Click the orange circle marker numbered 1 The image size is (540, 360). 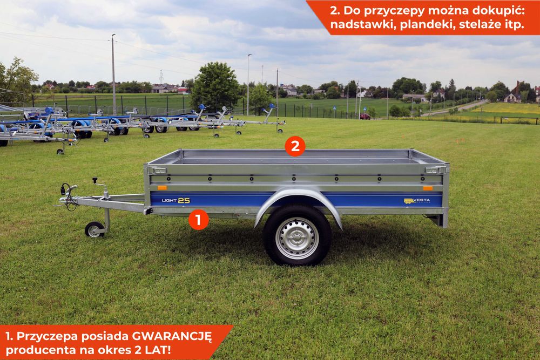[x=199, y=220]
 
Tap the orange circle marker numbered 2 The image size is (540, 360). [x=295, y=146]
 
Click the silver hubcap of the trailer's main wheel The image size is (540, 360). [x=296, y=238]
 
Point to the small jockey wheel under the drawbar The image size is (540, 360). [x=94, y=230]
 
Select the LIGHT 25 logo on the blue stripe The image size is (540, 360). [x=176, y=200]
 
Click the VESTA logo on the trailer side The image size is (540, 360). [x=417, y=201]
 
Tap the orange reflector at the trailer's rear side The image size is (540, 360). [x=428, y=188]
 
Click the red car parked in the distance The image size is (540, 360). [x=365, y=116]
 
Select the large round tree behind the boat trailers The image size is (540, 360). [x=215, y=86]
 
